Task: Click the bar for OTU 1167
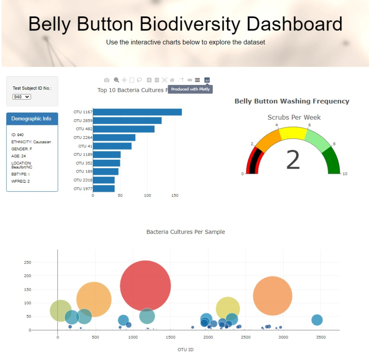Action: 137,112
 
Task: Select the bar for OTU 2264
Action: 114,138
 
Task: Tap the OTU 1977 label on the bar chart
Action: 83,189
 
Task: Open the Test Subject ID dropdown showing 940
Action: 22,97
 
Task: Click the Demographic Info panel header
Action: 32,119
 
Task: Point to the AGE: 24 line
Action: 19,156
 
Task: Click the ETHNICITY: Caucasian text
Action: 31,142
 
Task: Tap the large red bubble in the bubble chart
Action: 145,286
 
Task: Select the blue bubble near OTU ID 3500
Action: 317,320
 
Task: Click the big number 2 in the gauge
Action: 293,160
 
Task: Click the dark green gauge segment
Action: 333,160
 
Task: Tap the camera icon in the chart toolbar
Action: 106,80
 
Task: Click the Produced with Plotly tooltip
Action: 190,89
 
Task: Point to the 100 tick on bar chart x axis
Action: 147,196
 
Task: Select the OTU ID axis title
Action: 186,350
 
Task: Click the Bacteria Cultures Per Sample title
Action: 186,232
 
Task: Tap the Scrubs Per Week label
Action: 294,117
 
